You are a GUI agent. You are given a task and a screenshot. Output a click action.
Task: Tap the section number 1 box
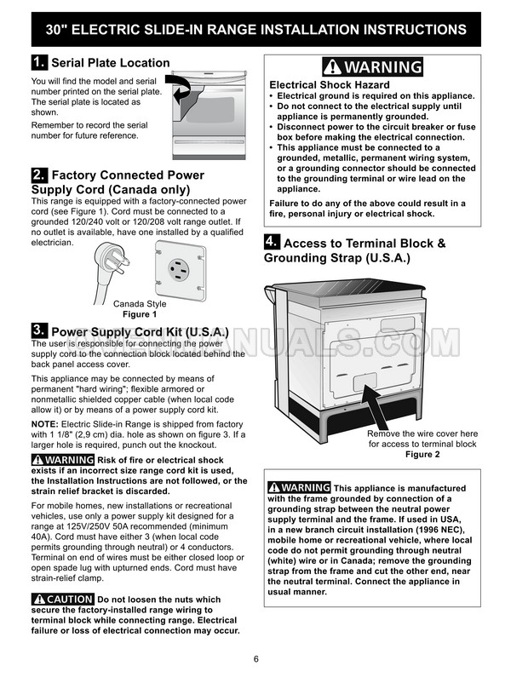38,62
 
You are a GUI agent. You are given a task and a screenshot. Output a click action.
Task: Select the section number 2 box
38,175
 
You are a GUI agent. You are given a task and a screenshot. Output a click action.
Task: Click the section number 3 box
38,330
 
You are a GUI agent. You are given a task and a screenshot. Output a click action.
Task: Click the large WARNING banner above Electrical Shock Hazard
373,67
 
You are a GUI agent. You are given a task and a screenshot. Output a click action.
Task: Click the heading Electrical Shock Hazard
330,85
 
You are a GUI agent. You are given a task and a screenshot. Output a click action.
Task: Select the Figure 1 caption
141,314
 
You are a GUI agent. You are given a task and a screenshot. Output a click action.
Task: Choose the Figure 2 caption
422,455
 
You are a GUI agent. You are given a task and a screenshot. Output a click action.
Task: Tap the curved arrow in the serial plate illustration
181,88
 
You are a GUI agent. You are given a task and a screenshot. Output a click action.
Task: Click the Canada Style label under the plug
141,304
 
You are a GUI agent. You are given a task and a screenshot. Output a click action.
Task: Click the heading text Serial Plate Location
111,63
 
